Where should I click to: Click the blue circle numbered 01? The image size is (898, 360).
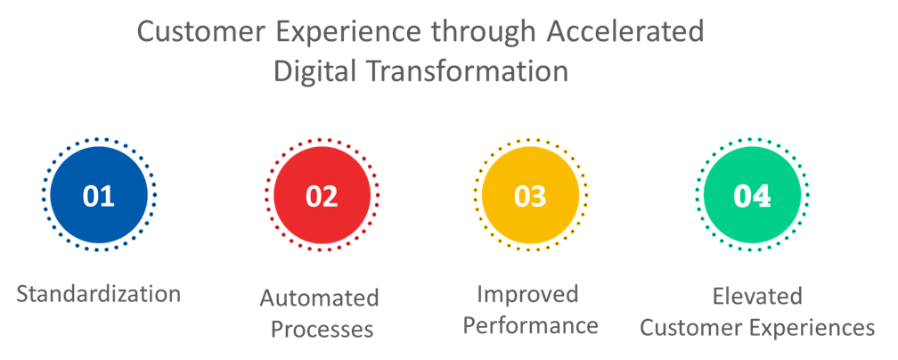point(99,195)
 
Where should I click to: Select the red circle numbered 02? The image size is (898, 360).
point(322,195)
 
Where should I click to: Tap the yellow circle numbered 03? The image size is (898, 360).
point(530,195)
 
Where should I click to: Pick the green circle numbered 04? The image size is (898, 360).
point(752,195)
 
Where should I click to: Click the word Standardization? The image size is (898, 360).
point(99,294)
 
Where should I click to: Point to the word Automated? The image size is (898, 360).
point(320,299)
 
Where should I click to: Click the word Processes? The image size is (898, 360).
point(322,330)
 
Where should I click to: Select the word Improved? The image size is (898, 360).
point(527,295)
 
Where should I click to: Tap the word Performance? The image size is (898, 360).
point(531,325)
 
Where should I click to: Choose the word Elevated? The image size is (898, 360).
point(757,297)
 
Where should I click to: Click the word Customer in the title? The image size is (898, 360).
point(203,32)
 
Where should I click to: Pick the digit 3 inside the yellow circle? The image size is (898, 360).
point(539,196)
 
